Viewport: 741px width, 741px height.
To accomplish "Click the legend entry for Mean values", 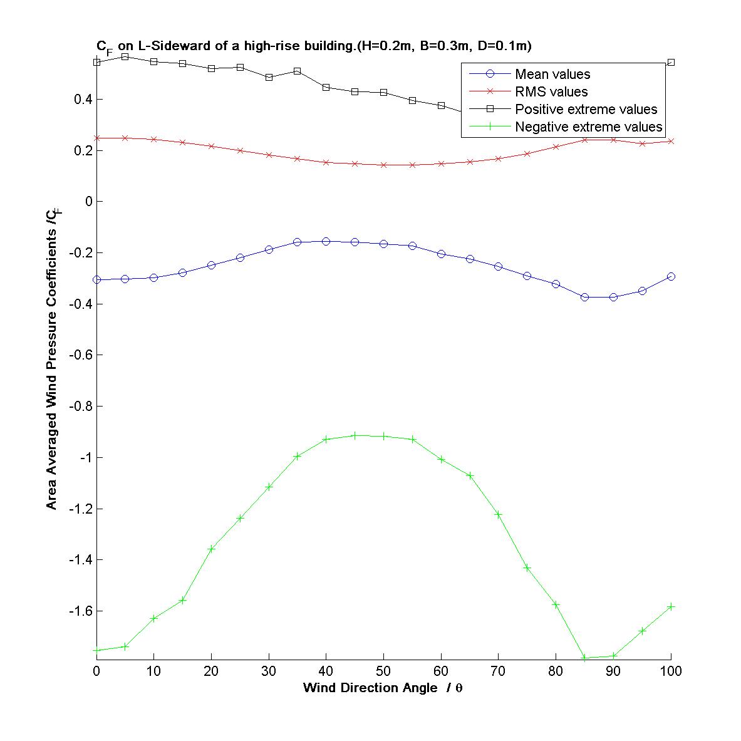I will click(x=552, y=75).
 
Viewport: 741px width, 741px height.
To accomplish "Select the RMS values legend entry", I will click(x=551, y=92).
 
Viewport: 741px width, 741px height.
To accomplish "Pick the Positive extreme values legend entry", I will click(x=586, y=110).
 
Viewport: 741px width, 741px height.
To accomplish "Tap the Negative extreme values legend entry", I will click(x=588, y=127).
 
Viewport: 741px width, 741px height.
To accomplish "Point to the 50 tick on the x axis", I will click(x=383, y=671).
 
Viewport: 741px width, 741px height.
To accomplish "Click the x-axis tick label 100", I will click(x=671, y=671).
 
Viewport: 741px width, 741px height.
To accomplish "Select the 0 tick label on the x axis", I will click(x=96, y=671).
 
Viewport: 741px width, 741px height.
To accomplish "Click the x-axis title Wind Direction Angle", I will click(x=383, y=688).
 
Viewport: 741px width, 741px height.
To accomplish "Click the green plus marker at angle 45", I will click(x=355, y=435).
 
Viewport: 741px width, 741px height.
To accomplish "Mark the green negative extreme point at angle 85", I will click(x=584, y=658).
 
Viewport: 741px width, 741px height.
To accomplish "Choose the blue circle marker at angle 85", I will click(x=584, y=297).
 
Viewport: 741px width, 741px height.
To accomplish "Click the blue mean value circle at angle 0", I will click(x=96, y=280).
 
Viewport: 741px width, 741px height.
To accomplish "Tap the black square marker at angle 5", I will click(x=125, y=56).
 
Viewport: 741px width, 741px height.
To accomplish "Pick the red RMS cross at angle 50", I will click(x=383, y=165).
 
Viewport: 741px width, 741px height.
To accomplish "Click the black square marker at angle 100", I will click(x=671, y=63).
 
